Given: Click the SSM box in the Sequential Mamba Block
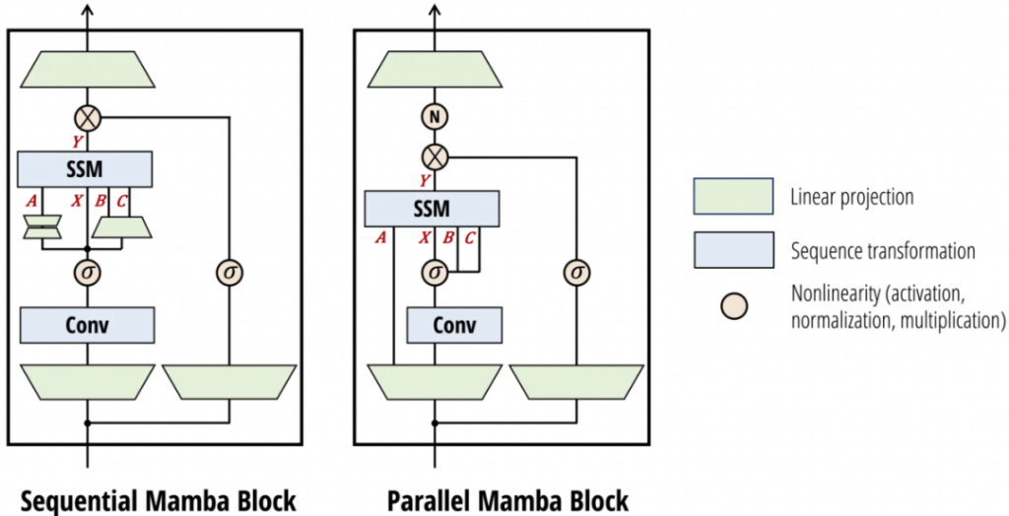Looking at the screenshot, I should [x=86, y=166].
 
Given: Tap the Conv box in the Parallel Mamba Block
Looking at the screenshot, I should [x=435, y=325].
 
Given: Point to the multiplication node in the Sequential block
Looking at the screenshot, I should [x=89, y=118].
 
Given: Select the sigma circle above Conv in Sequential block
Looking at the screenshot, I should [x=89, y=270].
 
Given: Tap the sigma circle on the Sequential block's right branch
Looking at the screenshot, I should [x=229, y=271].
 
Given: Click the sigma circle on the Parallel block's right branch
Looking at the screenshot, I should [x=575, y=271].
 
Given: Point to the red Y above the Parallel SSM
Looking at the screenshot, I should [x=424, y=179].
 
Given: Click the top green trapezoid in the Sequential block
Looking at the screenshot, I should [x=89, y=69].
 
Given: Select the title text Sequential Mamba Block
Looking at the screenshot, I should [x=159, y=499].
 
